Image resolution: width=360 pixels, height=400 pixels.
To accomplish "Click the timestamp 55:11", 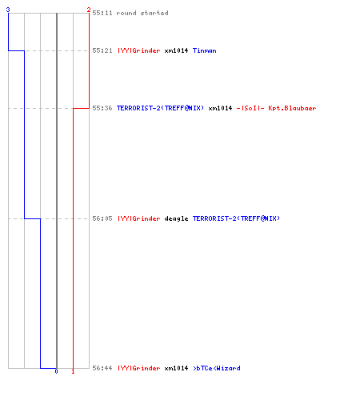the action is pos(102,13).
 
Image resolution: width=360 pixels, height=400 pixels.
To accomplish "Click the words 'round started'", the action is pos(142,13).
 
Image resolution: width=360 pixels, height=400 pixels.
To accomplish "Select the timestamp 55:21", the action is pos(102,50).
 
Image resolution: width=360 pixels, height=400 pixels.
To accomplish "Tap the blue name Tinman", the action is pos(205,50).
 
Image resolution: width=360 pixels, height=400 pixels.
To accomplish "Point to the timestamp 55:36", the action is pos(102,108).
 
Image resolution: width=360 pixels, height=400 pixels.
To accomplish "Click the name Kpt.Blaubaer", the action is pos(292,108).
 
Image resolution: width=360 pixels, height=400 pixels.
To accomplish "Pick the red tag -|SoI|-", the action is pos(250,108).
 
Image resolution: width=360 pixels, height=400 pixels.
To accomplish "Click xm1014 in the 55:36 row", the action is pos(220,108).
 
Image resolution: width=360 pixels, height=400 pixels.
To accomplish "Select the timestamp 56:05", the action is pos(102,218).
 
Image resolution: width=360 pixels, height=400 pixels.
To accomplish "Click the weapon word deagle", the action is pos(176,218).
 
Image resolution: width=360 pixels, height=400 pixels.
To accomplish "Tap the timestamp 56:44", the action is pos(102,368).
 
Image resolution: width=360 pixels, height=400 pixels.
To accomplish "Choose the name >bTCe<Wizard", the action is pos(217,368).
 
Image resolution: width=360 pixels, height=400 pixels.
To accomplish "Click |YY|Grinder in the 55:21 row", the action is pos(139,50).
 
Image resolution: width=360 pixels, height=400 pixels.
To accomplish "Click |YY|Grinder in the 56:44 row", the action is pos(139,368).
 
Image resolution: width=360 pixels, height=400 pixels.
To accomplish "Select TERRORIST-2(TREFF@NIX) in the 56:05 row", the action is pos(236,218).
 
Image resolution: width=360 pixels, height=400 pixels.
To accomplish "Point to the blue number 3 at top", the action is pos(8,10).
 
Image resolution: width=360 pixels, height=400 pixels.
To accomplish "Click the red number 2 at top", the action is pos(89,10).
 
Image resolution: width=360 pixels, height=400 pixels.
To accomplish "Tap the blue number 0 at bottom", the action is pos(56,371).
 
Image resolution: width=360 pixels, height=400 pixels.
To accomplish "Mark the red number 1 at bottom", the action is pos(73,371).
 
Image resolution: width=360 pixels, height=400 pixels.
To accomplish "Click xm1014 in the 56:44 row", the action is pos(176,368).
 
